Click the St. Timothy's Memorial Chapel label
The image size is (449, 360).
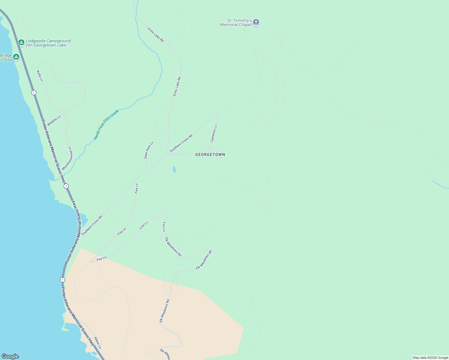236,23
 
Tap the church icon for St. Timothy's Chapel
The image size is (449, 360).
256,22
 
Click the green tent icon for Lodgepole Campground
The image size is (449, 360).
21,42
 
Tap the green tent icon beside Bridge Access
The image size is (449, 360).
16,56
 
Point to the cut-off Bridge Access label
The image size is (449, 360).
6,57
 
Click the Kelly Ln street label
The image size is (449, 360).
40,76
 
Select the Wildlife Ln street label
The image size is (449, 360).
54,121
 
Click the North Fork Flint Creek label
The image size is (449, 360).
106,124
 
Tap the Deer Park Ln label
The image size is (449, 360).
149,150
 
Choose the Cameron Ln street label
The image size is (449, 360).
214,134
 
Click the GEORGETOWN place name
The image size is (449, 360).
210,154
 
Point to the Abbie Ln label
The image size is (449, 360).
98,343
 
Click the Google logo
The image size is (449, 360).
10,356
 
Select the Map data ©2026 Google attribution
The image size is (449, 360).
430,358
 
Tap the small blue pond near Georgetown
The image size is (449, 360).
174,169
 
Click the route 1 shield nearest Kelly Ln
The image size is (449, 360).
34,92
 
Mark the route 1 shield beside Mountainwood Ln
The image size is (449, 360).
66,186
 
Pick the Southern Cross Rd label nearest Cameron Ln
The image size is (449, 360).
181,143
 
